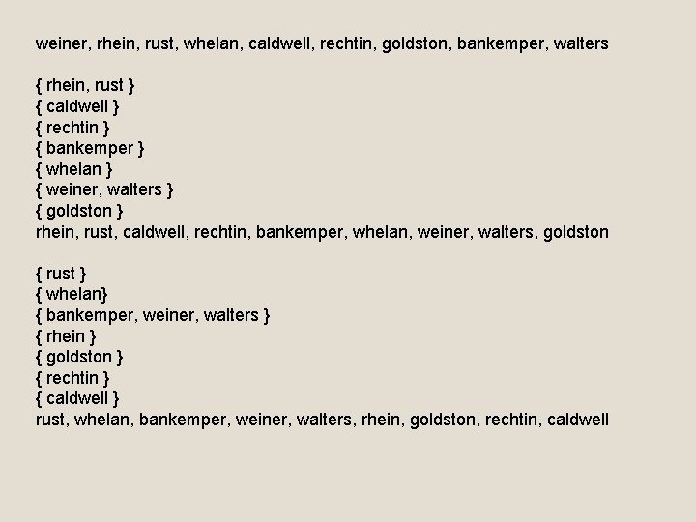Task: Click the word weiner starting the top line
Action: pos(60,44)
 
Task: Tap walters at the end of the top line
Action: pos(576,44)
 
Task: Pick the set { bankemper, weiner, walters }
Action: pos(153,315)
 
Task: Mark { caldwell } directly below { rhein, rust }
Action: pos(77,106)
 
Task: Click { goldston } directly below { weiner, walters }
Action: pos(79,211)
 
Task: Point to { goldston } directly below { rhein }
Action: pos(79,357)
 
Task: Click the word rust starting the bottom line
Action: pos(50,420)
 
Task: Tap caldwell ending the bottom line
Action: pos(577,420)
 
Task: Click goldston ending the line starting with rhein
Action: pos(577,232)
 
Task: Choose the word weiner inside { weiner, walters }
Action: pos(72,190)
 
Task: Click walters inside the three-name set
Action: pos(230,315)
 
